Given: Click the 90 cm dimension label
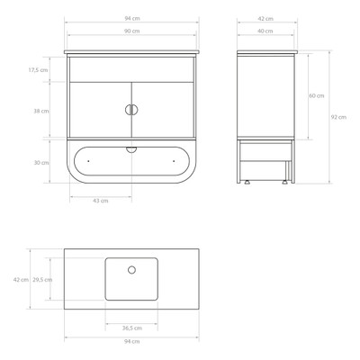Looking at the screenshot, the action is point(132,31).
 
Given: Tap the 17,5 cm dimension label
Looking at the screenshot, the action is point(38,70).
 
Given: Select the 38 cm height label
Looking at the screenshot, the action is point(41,111).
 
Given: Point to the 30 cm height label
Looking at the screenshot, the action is point(41,163).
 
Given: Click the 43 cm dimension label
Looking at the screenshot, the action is point(101,201).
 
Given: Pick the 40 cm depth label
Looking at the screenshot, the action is point(265,31).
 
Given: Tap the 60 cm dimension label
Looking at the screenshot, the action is point(317,95).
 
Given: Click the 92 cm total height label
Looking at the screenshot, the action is point(338,117).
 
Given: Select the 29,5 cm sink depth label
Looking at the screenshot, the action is point(42,280).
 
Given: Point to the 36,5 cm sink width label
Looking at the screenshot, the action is point(132,328).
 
